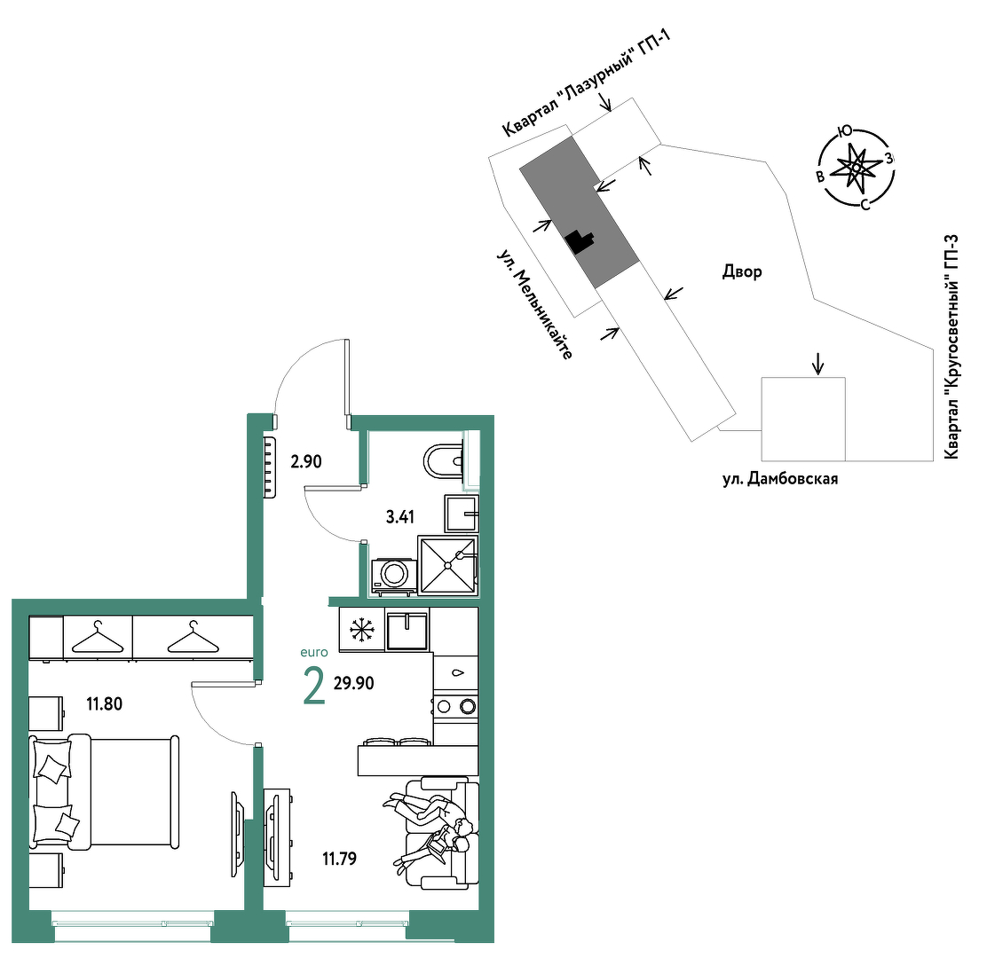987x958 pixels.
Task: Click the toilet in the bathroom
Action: tap(445, 461)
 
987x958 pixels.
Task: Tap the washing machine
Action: tap(394, 576)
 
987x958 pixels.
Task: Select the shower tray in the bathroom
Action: tap(447, 565)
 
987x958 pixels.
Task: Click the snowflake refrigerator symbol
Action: tap(362, 630)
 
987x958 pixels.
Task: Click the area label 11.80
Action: tap(105, 703)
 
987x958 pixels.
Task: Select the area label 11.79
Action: tap(340, 858)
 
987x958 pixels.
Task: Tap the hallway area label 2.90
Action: tap(306, 461)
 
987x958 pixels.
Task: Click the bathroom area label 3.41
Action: tap(399, 517)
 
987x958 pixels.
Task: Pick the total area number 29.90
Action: tap(354, 683)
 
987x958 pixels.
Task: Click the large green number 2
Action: tap(314, 687)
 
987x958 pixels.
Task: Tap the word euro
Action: tap(314, 652)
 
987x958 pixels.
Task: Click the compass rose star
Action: tap(856, 168)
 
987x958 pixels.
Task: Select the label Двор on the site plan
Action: tap(742, 271)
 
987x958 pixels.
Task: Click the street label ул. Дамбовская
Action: tap(780, 479)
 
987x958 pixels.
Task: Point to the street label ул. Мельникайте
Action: tap(535, 304)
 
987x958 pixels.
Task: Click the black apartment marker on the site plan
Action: tap(580, 241)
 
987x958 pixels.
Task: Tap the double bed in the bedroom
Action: tap(105, 792)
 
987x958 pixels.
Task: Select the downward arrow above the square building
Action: tap(817, 363)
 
